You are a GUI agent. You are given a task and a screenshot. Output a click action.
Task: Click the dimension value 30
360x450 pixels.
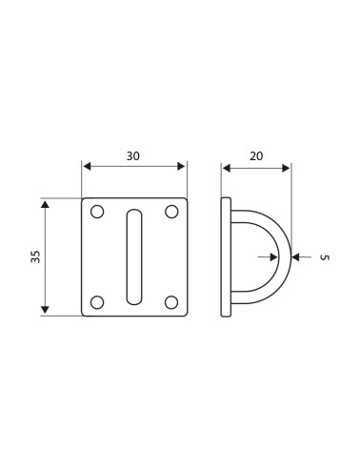click(x=133, y=156)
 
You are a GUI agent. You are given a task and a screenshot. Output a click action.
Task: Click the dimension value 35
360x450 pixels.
click(x=36, y=256)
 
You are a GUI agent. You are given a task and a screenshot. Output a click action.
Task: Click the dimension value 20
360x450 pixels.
click(x=256, y=156)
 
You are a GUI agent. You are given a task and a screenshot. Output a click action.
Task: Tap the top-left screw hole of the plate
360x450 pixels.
click(x=97, y=212)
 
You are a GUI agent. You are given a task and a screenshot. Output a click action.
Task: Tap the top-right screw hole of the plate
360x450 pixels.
click(x=171, y=212)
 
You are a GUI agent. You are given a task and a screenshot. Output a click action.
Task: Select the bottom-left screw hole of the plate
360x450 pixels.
click(x=97, y=302)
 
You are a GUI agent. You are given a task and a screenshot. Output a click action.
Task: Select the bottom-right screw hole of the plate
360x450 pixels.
click(x=171, y=302)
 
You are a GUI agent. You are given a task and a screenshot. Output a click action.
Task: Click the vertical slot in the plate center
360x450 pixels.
click(x=134, y=256)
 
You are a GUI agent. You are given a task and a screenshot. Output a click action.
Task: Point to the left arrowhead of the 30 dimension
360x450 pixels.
click(x=87, y=167)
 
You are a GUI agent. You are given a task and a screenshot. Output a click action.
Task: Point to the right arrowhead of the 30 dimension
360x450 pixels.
click(x=182, y=167)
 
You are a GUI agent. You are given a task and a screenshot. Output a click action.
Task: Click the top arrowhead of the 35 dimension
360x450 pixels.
click(x=45, y=204)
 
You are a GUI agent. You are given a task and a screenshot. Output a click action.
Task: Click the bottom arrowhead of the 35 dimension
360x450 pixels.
click(x=45, y=310)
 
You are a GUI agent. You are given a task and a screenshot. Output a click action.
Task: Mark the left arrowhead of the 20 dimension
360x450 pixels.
click(x=227, y=168)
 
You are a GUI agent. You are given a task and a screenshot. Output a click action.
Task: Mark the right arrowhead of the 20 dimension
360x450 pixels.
click(x=286, y=168)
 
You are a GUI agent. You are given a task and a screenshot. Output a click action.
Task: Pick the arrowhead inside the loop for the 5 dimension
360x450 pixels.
click(x=274, y=256)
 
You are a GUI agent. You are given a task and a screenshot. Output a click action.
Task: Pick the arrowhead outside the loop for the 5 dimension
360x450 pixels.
click(x=296, y=256)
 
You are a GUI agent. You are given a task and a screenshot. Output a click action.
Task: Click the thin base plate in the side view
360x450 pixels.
click(x=226, y=256)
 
